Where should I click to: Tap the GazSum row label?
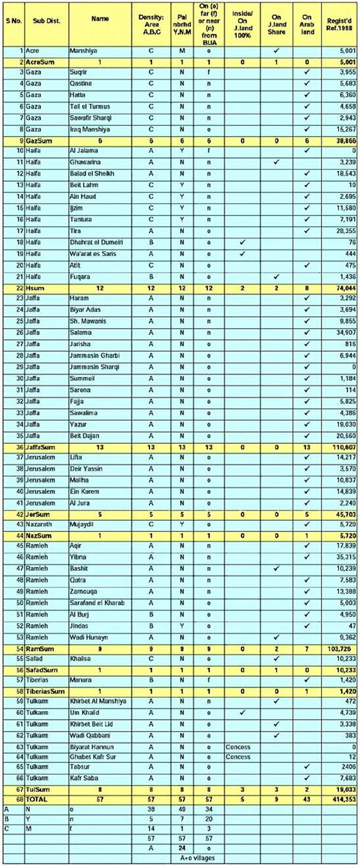[36, 140]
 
